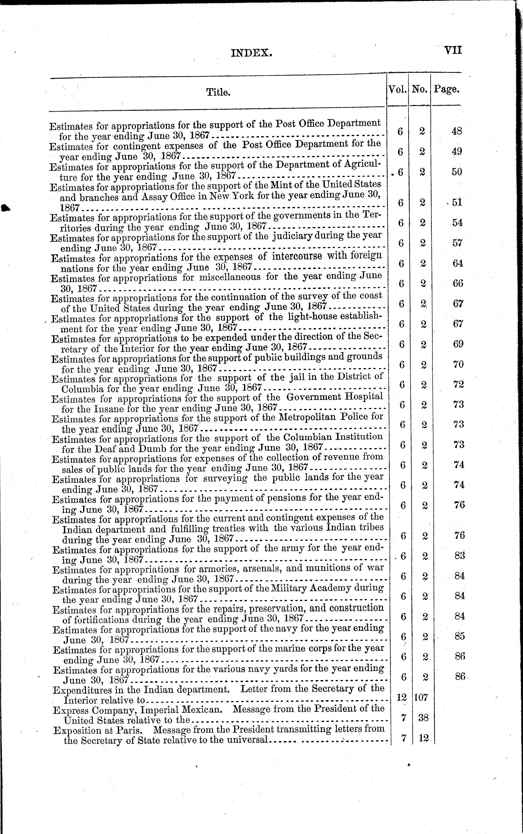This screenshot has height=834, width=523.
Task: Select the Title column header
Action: (218, 92)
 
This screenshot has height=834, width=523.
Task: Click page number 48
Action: (457, 131)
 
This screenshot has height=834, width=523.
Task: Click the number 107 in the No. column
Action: (421, 697)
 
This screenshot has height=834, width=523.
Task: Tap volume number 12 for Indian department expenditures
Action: (401, 697)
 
